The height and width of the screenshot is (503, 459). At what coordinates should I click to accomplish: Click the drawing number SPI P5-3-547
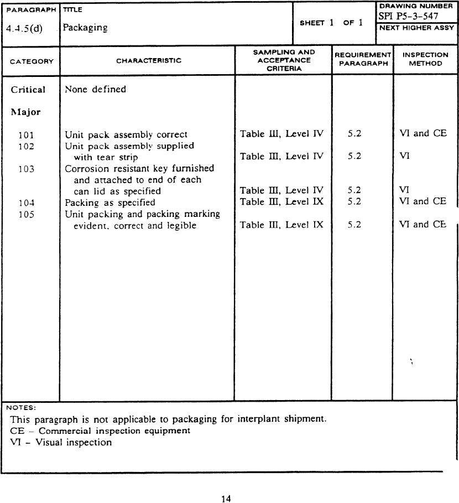[x=408, y=16]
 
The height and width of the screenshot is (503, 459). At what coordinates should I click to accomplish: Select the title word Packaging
[x=85, y=27]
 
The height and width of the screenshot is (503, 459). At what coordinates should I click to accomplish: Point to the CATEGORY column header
[x=32, y=61]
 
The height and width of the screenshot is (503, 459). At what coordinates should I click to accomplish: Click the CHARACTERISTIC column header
[x=148, y=61]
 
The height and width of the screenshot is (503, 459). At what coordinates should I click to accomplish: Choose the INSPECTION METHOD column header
[x=425, y=59]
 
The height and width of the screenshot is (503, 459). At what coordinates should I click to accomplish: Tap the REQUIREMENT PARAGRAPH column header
[x=362, y=59]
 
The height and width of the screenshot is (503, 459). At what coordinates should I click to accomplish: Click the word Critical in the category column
[x=28, y=90]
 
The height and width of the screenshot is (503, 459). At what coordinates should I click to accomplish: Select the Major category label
[x=25, y=112]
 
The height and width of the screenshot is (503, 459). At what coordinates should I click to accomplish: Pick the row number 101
[x=26, y=134]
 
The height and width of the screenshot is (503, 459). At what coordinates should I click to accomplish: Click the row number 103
[x=26, y=169]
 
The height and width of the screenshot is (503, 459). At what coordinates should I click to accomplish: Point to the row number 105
[x=26, y=214]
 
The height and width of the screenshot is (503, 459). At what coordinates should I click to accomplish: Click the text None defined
[x=95, y=89]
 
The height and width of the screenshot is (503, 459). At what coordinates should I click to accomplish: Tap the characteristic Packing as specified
[x=110, y=203]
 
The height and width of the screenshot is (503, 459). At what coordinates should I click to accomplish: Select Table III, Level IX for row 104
[x=281, y=201]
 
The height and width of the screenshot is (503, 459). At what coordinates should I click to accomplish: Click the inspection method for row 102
[x=404, y=157]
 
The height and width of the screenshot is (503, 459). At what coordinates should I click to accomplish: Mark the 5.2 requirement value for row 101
[x=354, y=134]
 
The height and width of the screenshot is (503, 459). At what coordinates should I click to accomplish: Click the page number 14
[x=226, y=499]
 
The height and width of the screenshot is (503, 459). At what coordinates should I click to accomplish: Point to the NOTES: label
[x=21, y=408]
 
